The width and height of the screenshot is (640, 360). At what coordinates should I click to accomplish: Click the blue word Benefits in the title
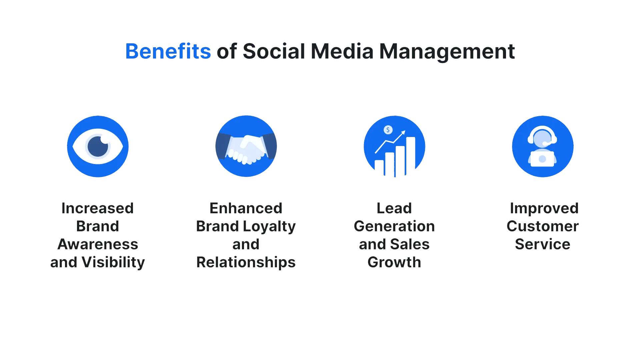click(x=168, y=52)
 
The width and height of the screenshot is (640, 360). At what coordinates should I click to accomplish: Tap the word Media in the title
click(x=343, y=52)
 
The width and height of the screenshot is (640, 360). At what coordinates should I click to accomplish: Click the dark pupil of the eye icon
click(x=98, y=146)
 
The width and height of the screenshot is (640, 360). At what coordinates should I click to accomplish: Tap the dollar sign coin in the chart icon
click(x=388, y=130)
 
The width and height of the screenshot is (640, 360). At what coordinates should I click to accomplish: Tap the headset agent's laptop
click(x=542, y=159)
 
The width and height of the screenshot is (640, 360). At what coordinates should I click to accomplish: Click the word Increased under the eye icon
click(x=98, y=208)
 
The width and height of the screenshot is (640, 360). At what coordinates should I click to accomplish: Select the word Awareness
click(x=98, y=244)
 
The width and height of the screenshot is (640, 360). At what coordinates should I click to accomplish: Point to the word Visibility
click(x=113, y=263)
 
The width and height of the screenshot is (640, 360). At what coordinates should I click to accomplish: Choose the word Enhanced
click(x=246, y=208)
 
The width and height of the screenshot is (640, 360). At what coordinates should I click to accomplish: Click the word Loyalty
click(x=270, y=227)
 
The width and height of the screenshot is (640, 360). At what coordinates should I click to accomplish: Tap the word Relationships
click(x=246, y=263)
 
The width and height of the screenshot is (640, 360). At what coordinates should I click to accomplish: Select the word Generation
click(x=394, y=226)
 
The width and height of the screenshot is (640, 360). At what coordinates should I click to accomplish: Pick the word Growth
click(x=394, y=263)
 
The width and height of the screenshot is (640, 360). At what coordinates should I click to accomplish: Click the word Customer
click(x=542, y=226)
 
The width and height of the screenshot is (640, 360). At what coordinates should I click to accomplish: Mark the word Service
click(x=542, y=244)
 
